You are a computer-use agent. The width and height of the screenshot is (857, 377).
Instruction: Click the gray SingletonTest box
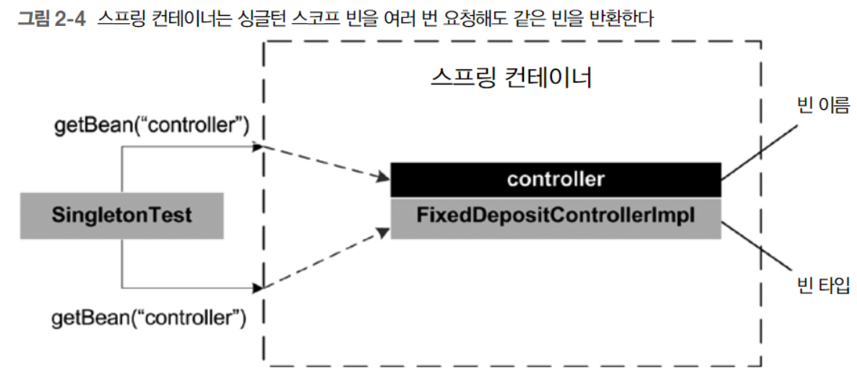[x=122, y=215]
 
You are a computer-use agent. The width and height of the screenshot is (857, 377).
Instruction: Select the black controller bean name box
[x=555, y=179]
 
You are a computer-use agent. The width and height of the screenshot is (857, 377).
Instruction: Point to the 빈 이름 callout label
[x=821, y=108]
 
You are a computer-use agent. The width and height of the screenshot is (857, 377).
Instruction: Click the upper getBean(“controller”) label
[x=152, y=126]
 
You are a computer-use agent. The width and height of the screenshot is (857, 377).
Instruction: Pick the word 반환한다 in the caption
[x=622, y=18]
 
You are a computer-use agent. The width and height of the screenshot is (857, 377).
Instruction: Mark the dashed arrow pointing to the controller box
[x=325, y=162]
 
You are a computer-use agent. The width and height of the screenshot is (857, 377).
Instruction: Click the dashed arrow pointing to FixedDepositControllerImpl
[x=325, y=260]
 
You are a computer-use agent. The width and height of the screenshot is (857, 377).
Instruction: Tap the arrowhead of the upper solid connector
[x=257, y=147]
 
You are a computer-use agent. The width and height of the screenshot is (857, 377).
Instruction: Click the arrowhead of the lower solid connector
[x=257, y=287]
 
